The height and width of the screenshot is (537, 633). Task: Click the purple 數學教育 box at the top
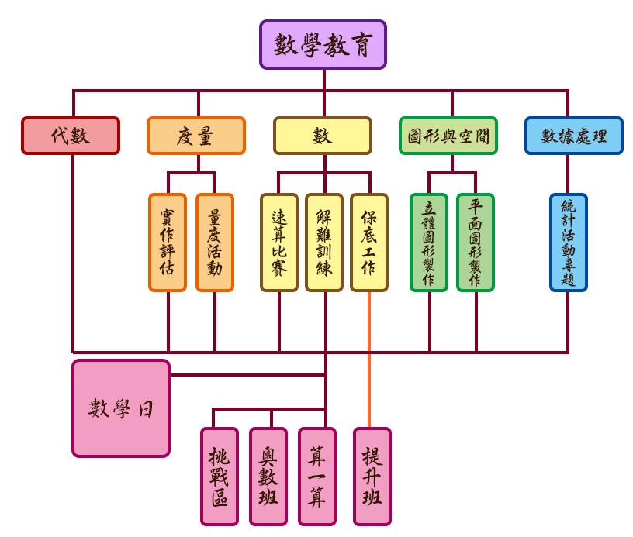coord(323,45)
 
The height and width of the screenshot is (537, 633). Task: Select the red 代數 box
coord(71,136)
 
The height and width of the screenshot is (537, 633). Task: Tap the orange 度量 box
coord(196,136)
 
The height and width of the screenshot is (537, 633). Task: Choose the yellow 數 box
coord(323,136)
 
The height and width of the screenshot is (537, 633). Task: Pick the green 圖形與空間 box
coord(448,136)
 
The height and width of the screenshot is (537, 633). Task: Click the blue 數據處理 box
coord(574,136)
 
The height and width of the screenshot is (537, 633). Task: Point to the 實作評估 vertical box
coord(168,243)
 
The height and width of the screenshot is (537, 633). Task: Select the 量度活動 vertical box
coord(215,243)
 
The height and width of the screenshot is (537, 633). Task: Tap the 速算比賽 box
coord(279,243)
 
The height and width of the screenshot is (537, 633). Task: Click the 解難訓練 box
coord(324,243)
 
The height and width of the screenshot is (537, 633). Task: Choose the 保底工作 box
coord(369,243)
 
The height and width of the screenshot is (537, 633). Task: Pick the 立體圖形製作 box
coord(429,243)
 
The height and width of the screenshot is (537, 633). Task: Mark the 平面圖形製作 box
coord(476,243)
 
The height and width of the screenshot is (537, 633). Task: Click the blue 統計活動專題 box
coord(569,243)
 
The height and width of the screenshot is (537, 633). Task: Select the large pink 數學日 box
coord(121,408)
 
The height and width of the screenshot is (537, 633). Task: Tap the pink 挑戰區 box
coord(220,476)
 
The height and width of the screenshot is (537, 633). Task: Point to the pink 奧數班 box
coord(268,476)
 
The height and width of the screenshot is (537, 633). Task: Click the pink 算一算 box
coord(317,476)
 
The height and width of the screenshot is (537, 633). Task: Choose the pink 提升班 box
coord(372,476)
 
